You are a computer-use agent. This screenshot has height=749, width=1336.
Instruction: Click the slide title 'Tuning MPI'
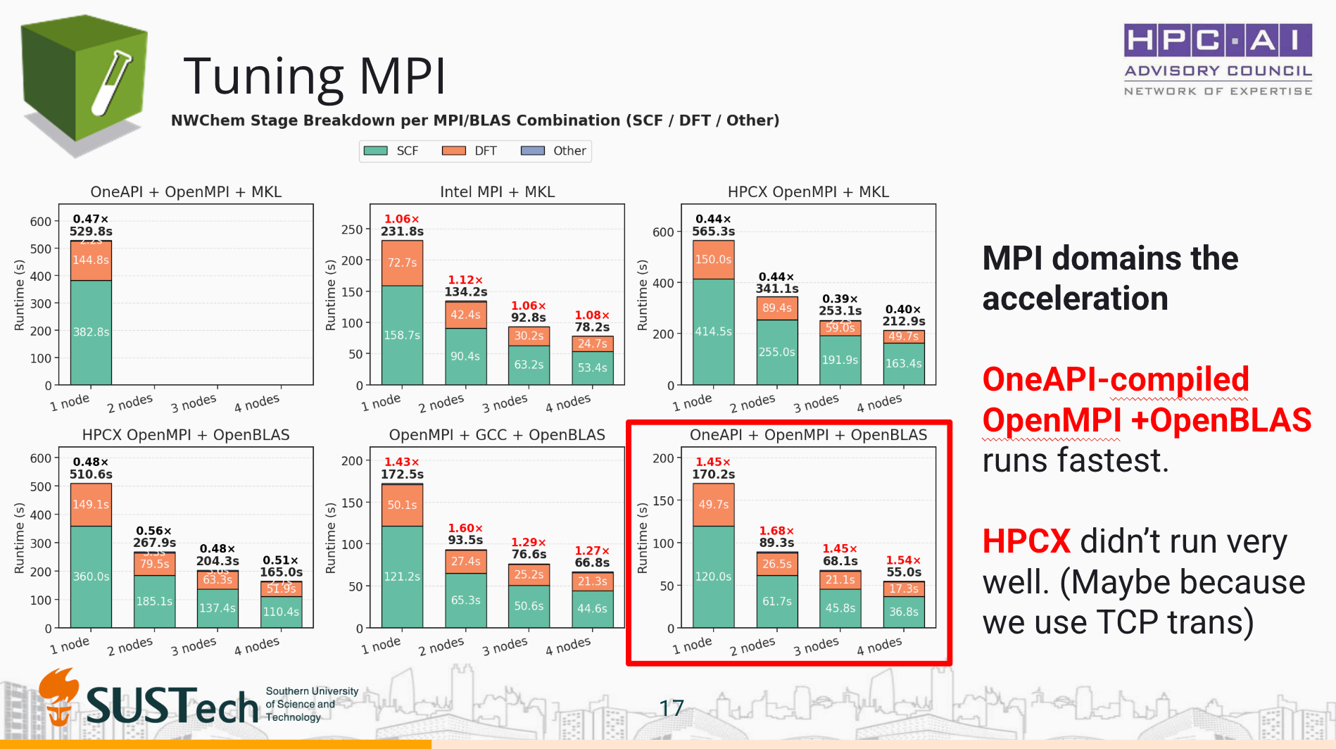pos(314,76)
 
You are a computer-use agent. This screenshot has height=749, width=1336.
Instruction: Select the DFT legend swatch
pos(453,151)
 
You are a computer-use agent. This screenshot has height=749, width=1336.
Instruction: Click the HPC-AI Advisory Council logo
pos(1218,59)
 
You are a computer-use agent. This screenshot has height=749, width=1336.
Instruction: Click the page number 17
pos(672,708)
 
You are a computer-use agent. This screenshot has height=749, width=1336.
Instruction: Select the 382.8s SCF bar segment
pos(91,332)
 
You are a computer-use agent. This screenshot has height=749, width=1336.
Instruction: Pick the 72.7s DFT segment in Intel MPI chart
pos(402,263)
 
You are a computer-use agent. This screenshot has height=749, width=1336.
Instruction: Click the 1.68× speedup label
pos(776,531)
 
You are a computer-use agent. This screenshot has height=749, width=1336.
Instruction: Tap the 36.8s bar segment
pos(904,612)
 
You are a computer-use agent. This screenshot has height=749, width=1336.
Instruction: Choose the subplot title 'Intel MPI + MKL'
pos(497,192)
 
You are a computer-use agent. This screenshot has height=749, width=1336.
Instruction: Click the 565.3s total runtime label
pos(713,231)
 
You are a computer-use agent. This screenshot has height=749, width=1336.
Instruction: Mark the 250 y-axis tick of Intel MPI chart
pos(352,229)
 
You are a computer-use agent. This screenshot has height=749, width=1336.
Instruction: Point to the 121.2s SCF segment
pos(402,577)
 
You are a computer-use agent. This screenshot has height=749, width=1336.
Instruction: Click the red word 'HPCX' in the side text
pos(1026,542)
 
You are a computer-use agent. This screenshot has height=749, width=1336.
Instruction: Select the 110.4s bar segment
pos(281,612)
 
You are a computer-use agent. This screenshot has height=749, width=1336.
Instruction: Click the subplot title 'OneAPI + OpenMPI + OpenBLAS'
pos(808,435)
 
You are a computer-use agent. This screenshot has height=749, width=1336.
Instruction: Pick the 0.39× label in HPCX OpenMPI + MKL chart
pos(840,298)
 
